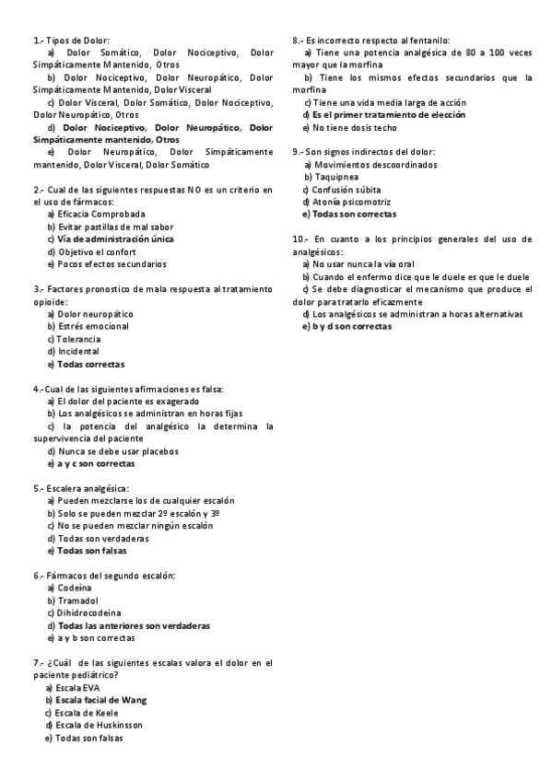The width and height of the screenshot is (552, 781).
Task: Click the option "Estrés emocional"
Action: pyautogui.click(x=95, y=326)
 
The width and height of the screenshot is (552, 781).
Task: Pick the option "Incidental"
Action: pyautogui.click(x=79, y=351)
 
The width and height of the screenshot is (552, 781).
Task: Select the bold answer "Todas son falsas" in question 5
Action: pyautogui.click(x=92, y=551)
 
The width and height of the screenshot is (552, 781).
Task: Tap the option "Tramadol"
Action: pyautogui.click(x=77, y=600)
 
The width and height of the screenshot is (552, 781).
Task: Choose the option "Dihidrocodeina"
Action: pyautogui.click(x=90, y=612)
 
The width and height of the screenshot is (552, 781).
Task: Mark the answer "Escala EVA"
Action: pyautogui.click(x=78, y=688)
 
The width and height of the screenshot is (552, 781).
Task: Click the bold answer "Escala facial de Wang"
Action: pyautogui.click(x=101, y=700)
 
